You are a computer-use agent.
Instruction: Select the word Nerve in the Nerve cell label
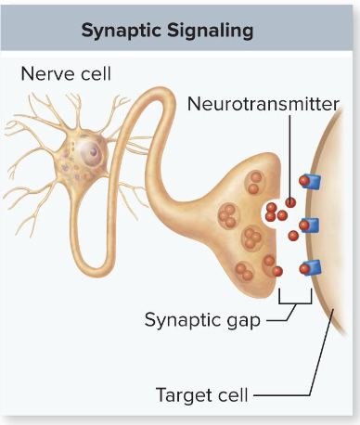47,72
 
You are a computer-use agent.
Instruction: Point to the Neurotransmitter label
264,103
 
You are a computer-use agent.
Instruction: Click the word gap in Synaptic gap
241,321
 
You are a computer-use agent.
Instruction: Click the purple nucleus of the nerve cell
92,150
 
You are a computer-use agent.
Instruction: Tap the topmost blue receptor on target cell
311,181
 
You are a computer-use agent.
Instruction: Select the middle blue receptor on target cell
311,225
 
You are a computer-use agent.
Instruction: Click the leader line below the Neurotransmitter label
290,158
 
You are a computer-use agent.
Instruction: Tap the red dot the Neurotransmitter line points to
290,202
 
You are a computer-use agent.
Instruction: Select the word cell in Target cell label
232,395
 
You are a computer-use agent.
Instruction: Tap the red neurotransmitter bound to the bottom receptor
303,269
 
